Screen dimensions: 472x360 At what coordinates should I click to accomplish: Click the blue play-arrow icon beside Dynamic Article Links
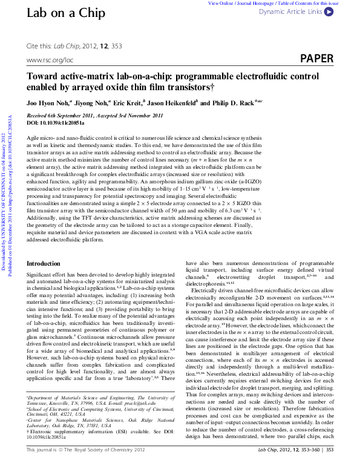point(328,11)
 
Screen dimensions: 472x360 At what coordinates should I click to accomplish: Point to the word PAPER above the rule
point(316,59)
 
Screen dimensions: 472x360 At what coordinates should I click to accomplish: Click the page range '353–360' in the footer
point(313,467)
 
